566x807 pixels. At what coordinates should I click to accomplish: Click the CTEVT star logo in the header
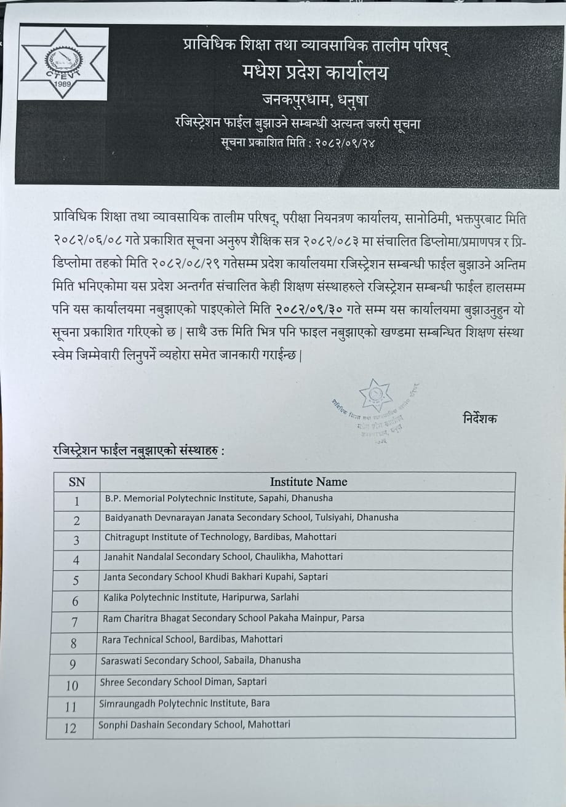63,63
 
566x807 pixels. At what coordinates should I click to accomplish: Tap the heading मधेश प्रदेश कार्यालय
316,73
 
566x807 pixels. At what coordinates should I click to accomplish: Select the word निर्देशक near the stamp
480,419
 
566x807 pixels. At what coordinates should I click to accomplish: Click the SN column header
77,482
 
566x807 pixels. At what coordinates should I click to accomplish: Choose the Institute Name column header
308,482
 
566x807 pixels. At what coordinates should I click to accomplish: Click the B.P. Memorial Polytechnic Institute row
218,498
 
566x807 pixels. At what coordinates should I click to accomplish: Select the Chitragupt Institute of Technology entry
220,537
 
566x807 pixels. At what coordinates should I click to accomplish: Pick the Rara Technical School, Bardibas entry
193,640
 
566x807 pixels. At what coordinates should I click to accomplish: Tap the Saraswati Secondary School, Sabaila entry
201,660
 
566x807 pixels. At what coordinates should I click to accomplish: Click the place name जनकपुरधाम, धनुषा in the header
315,99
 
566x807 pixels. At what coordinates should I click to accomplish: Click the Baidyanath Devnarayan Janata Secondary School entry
251,517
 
